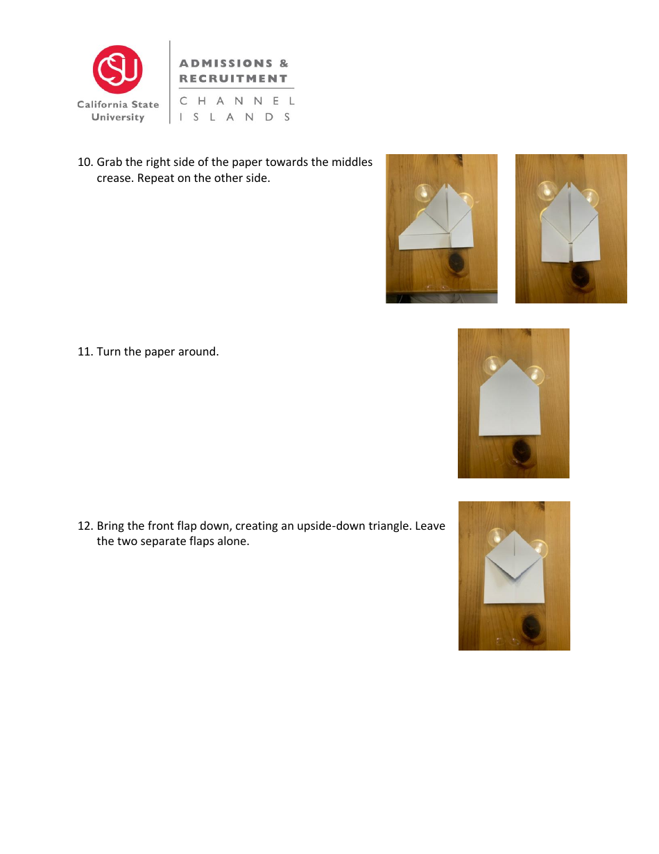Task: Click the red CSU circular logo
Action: click(118, 69)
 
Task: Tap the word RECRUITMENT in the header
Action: click(233, 78)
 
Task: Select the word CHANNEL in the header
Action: click(237, 101)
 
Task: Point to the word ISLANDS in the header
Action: click(235, 117)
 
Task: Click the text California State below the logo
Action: click(118, 105)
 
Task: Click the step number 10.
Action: click(85, 162)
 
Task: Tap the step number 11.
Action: click(85, 352)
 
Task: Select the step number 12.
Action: click(85, 526)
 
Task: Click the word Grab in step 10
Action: click(110, 162)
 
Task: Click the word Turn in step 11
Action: click(109, 352)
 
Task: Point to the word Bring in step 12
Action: click(111, 526)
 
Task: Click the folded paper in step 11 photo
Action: click(510, 406)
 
